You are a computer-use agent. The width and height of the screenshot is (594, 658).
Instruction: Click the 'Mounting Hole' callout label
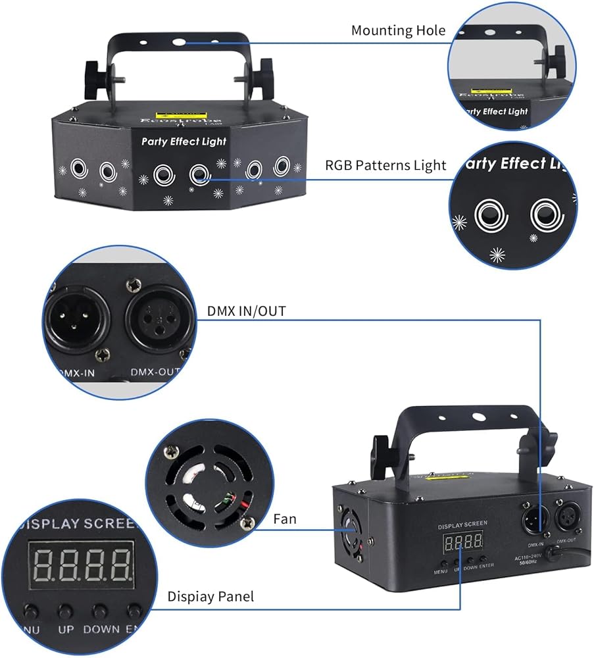(x=398, y=30)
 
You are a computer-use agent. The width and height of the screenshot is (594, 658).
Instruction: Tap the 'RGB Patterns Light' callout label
(x=385, y=164)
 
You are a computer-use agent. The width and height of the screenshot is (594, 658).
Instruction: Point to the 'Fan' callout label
(x=285, y=519)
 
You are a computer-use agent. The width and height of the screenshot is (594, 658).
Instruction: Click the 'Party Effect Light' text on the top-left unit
(x=184, y=141)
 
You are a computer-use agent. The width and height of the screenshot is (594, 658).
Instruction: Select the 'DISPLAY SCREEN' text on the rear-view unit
(x=463, y=524)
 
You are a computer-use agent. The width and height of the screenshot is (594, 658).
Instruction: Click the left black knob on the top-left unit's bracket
(x=95, y=75)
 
